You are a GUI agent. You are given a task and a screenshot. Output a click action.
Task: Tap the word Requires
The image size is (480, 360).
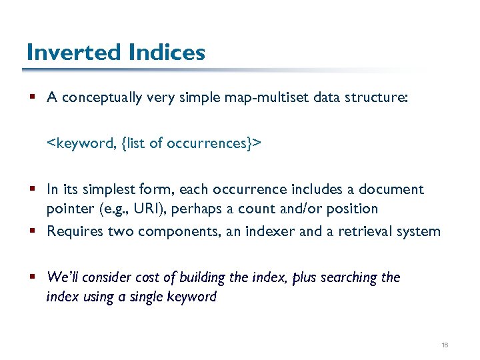74,231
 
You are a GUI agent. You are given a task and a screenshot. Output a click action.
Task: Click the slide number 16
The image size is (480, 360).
445,345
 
